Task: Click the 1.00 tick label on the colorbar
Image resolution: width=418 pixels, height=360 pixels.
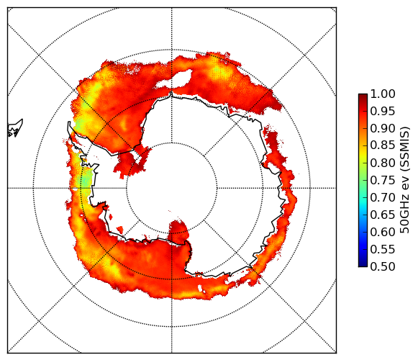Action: pyautogui.click(x=383, y=94)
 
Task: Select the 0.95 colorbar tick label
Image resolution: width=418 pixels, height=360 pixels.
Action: pyautogui.click(x=383, y=112)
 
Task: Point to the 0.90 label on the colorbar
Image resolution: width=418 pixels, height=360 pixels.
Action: pyautogui.click(x=383, y=129)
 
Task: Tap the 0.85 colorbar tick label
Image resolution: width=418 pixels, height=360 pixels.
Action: pyautogui.click(x=383, y=145)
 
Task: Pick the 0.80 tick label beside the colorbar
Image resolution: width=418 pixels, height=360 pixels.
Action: pyautogui.click(x=383, y=163)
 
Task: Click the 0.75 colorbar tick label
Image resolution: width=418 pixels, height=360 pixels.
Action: pyautogui.click(x=383, y=181)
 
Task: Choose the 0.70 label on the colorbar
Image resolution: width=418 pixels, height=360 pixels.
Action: pyautogui.click(x=383, y=198)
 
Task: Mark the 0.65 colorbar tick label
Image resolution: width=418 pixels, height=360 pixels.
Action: pyautogui.click(x=383, y=215)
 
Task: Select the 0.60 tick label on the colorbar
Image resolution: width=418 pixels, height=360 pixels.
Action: pyautogui.click(x=383, y=232)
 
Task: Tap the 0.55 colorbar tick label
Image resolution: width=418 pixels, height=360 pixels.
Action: pyautogui.click(x=383, y=249)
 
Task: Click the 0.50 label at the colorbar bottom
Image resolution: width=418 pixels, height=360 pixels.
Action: pyautogui.click(x=383, y=266)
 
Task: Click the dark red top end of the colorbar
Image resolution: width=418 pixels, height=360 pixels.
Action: pyautogui.click(x=363, y=95)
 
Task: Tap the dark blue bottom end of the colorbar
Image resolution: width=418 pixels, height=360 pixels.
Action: pyautogui.click(x=363, y=265)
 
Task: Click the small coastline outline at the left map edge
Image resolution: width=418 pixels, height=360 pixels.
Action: pyautogui.click(x=15, y=128)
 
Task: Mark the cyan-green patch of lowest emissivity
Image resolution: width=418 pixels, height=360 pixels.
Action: pyautogui.click(x=86, y=181)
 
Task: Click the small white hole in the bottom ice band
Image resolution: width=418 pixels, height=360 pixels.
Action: pyautogui.click(x=200, y=288)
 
